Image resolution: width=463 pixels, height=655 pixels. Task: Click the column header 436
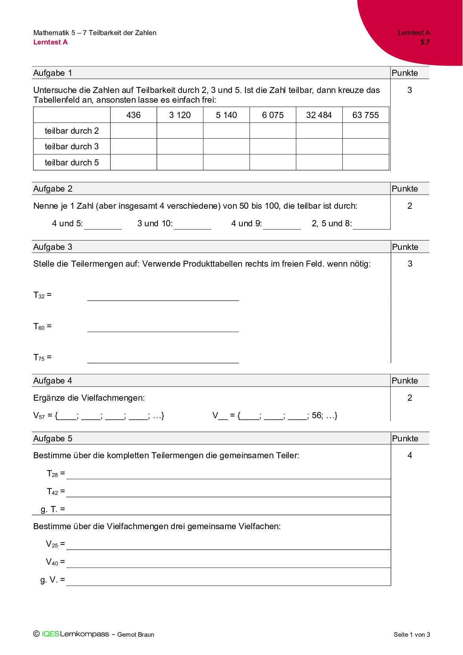pyautogui.click(x=133, y=115)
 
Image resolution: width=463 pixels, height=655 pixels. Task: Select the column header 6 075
pyautogui.click(x=273, y=115)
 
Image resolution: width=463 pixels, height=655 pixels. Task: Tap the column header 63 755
pyautogui.click(x=366, y=115)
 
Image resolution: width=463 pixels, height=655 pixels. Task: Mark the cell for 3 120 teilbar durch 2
pyautogui.click(x=180, y=131)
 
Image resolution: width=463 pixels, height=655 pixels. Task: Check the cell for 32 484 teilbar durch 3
pyautogui.click(x=319, y=146)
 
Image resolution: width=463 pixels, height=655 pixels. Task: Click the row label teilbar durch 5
pyautogui.click(x=72, y=162)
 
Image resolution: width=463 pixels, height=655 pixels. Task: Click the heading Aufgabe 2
pyautogui.click(x=53, y=189)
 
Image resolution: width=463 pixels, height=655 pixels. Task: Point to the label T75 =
pyautogui.click(x=42, y=357)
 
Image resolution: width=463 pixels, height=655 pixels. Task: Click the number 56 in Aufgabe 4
pyautogui.click(x=317, y=415)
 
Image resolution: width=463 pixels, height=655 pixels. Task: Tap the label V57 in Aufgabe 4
pyautogui.click(x=39, y=415)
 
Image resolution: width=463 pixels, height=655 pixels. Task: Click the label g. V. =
pyautogui.click(x=52, y=580)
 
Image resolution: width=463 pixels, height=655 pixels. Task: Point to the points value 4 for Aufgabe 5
pyautogui.click(x=410, y=455)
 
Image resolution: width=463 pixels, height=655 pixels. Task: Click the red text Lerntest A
pyautogui.click(x=50, y=42)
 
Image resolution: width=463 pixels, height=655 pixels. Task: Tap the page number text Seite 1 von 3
pyautogui.click(x=411, y=634)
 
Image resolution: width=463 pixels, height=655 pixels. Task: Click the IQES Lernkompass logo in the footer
pyautogui.click(x=75, y=634)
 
